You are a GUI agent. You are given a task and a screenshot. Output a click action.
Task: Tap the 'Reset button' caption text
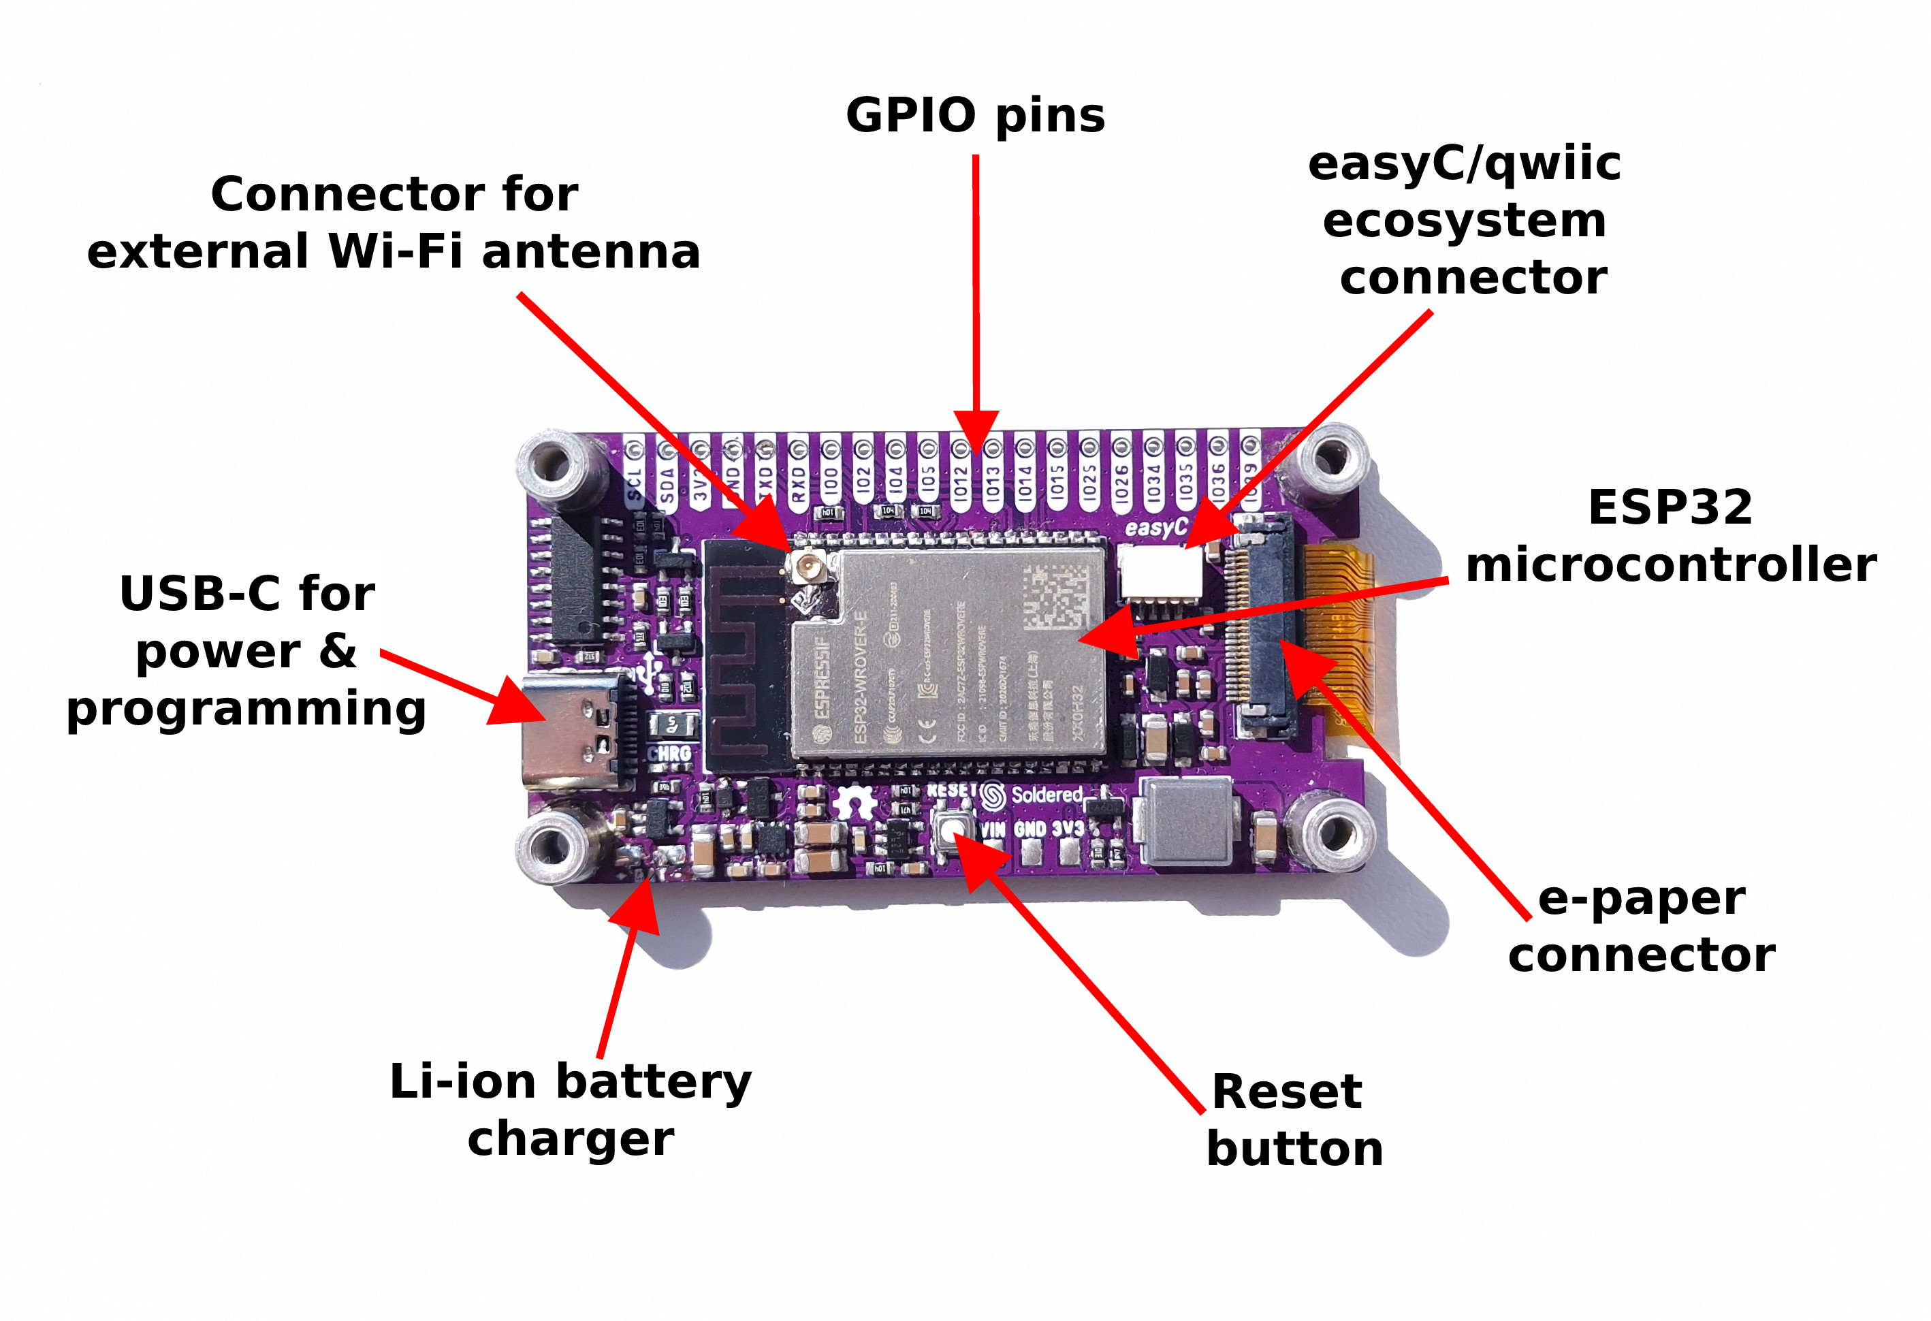(1294, 1119)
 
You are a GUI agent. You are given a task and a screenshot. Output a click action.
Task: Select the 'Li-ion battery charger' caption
(571, 1109)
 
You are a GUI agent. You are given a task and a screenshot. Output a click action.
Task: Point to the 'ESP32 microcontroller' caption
(1670, 536)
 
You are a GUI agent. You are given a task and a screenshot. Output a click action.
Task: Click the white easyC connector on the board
(1160, 571)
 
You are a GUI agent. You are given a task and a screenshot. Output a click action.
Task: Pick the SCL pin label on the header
(635, 483)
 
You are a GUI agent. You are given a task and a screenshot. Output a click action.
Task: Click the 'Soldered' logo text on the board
(1046, 795)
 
